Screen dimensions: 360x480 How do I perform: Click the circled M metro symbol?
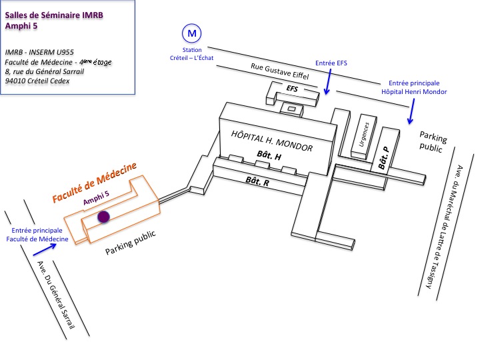click(x=192, y=32)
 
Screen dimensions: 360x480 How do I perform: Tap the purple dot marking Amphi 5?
click(x=103, y=217)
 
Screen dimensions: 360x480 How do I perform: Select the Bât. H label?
click(x=269, y=155)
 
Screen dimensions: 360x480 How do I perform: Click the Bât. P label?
click(x=383, y=160)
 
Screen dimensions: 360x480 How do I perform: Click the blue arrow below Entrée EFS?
click(x=327, y=84)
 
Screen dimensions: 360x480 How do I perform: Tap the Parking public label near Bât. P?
click(x=432, y=142)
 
